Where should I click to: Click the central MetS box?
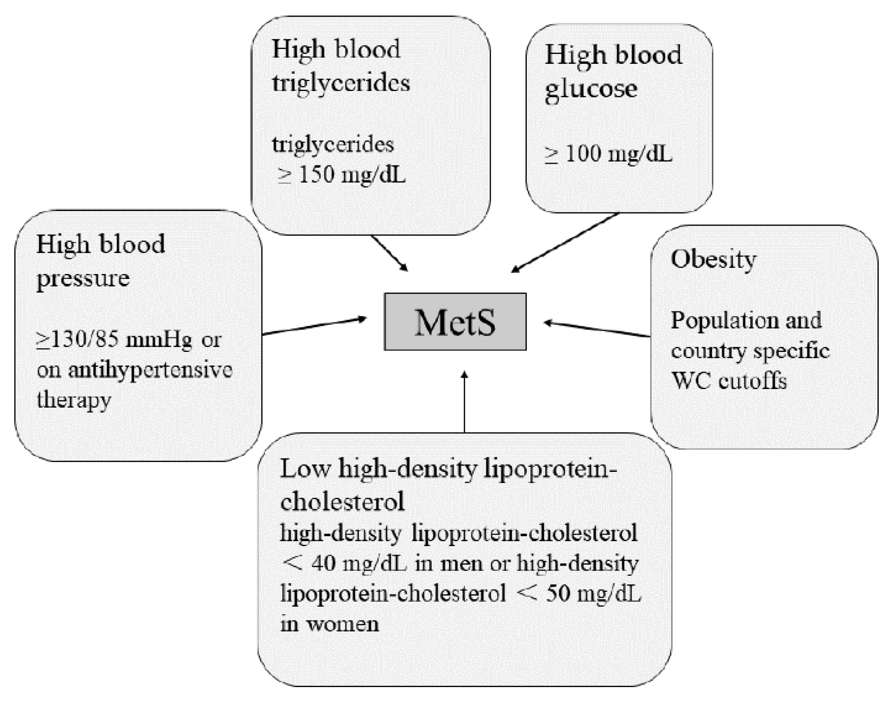coord(455,322)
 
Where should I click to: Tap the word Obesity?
coord(713,260)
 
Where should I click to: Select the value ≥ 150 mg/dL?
coord(342,175)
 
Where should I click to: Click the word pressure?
coord(82,278)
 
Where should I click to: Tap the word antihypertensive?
coord(150,370)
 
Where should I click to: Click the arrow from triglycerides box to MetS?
coord(389,253)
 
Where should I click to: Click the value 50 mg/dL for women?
coord(593,593)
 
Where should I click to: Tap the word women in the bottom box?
coord(342,624)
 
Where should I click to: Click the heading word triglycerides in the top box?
coord(341,83)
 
